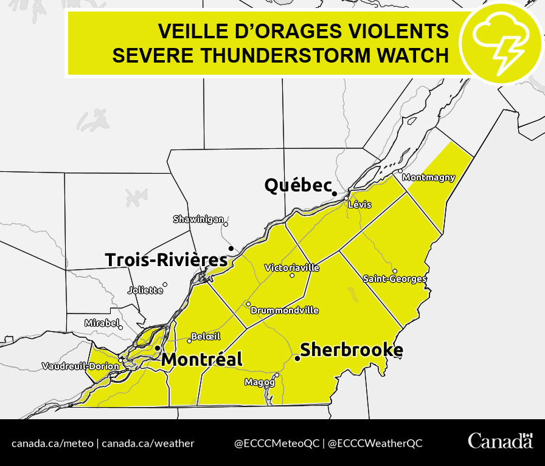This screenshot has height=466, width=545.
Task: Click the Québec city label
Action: coord(297,185)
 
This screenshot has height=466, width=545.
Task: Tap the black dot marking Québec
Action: coord(334,193)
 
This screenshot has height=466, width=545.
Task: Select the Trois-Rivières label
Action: coord(166,260)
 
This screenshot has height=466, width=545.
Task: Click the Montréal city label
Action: coord(201,360)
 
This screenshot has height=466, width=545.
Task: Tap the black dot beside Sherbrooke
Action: coord(297,359)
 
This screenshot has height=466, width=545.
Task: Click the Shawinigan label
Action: coord(199,219)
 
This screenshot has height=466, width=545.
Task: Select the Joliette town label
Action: coord(145,290)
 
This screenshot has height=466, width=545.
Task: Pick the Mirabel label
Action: coord(101,323)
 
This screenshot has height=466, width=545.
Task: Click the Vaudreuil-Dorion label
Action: coord(80,366)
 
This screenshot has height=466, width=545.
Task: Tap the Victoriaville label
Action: coord(292,268)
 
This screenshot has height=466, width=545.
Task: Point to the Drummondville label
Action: coord(285,310)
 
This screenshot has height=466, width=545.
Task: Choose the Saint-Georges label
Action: coord(395,279)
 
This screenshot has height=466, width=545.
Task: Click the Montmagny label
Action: coord(429,177)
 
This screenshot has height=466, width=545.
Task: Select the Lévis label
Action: coord(359,205)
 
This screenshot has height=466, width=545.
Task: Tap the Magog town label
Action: coord(260,382)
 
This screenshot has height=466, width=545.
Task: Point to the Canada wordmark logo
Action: coord(499,442)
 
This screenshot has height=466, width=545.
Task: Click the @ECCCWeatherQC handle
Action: coord(375,444)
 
